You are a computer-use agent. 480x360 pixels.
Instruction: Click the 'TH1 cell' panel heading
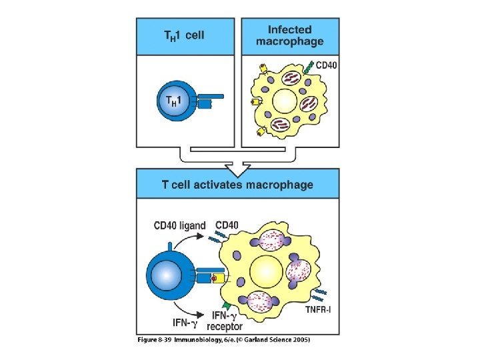click(x=184, y=35)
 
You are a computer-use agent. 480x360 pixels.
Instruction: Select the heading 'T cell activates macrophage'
click(x=237, y=185)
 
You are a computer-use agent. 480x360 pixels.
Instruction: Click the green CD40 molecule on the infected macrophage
click(x=307, y=67)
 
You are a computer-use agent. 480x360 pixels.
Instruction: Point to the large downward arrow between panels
click(x=237, y=161)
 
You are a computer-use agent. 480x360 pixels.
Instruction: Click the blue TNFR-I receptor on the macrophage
click(x=320, y=291)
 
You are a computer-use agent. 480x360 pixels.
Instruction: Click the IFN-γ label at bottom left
click(x=185, y=323)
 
